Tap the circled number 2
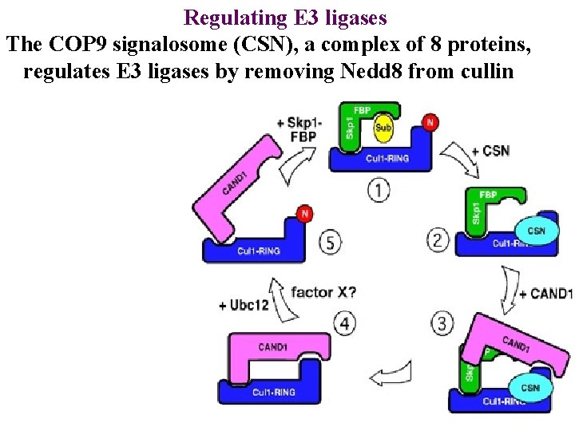[x=438, y=239]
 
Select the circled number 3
[x=443, y=322]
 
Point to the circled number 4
[x=344, y=324]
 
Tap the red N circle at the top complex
[x=430, y=121]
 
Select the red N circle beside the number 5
[x=303, y=213]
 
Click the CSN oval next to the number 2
[x=536, y=230]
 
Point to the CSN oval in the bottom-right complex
[x=529, y=388]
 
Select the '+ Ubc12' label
[x=244, y=306]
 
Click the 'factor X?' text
[x=324, y=292]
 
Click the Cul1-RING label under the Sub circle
[x=387, y=158]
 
